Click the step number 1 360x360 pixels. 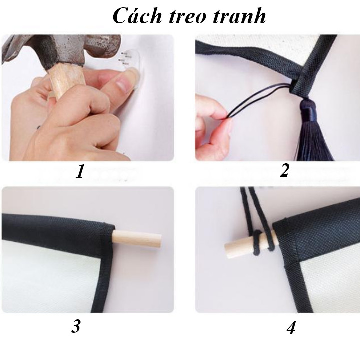pyautogui.click(x=80, y=171)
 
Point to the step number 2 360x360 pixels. pyautogui.click(x=284, y=171)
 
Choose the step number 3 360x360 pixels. pyautogui.click(x=76, y=326)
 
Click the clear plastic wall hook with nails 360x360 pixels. pyautogui.click(x=130, y=61)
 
